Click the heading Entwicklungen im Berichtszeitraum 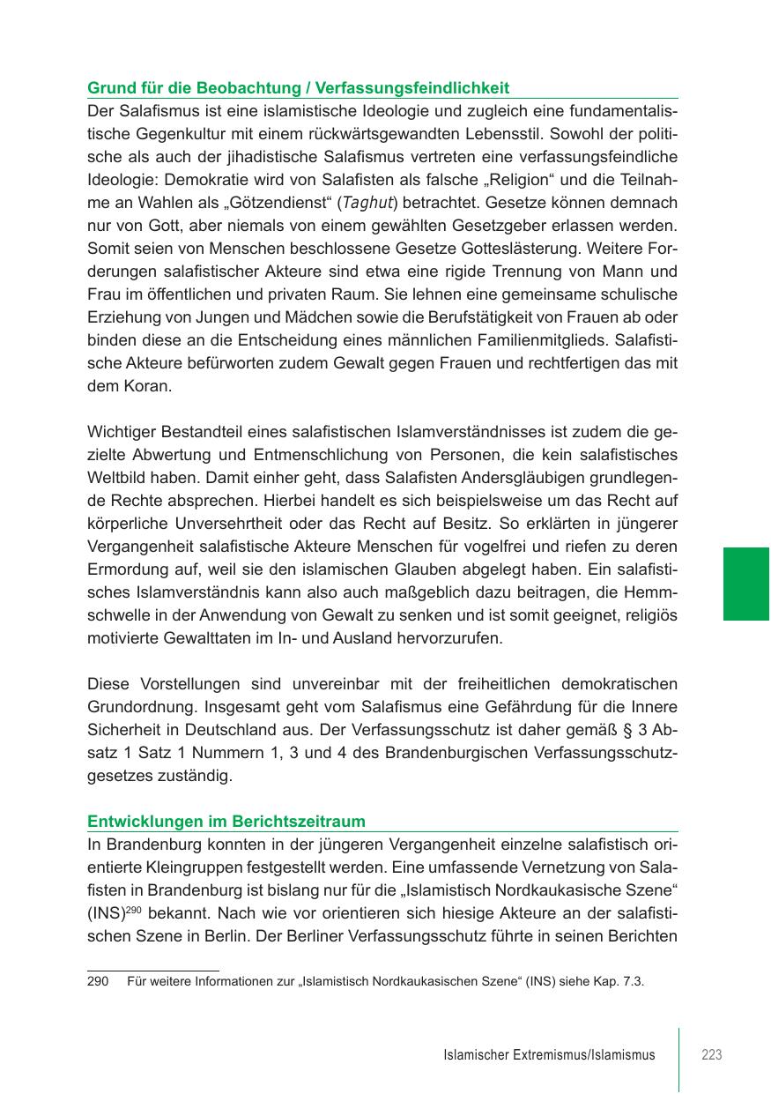point(226,822)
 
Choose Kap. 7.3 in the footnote point(621,980)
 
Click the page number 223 point(711,1054)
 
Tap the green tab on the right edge point(746,584)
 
